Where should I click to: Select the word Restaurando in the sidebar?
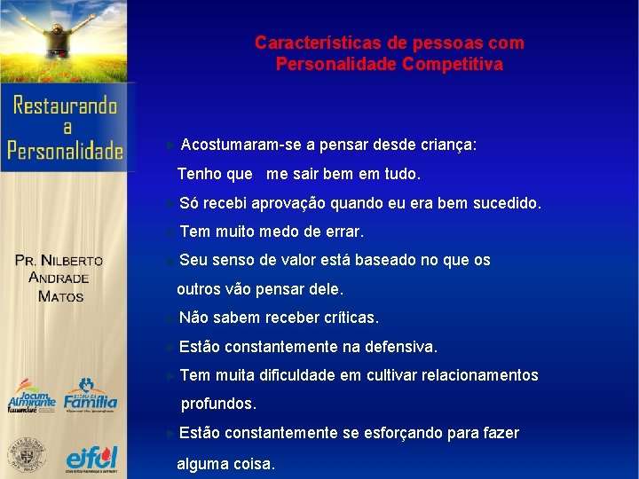point(66,106)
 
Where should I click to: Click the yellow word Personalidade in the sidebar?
point(66,150)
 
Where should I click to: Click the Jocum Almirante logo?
point(31,397)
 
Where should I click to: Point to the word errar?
point(343,232)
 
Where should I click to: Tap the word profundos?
point(218,404)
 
